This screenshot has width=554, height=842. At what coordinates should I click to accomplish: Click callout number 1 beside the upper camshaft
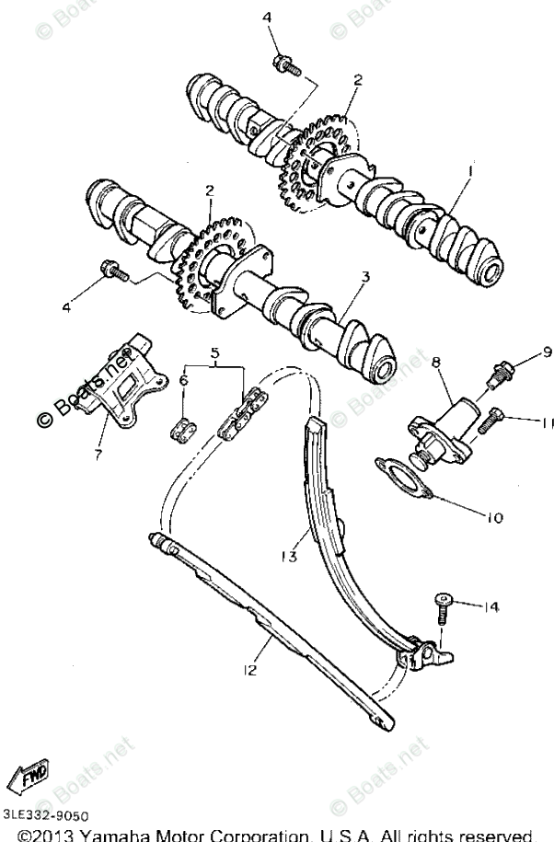click(x=469, y=171)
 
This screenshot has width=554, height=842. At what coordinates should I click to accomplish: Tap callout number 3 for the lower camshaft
click(x=365, y=276)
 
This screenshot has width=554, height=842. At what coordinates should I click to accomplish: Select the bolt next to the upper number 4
click(x=285, y=65)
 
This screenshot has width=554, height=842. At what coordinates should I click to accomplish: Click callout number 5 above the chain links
click(x=216, y=352)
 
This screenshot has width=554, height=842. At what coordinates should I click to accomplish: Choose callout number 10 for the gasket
click(x=494, y=518)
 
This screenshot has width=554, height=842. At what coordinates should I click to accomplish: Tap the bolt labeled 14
click(x=444, y=606)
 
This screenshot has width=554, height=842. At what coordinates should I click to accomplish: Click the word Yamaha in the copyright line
click(x=114, y=835)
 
